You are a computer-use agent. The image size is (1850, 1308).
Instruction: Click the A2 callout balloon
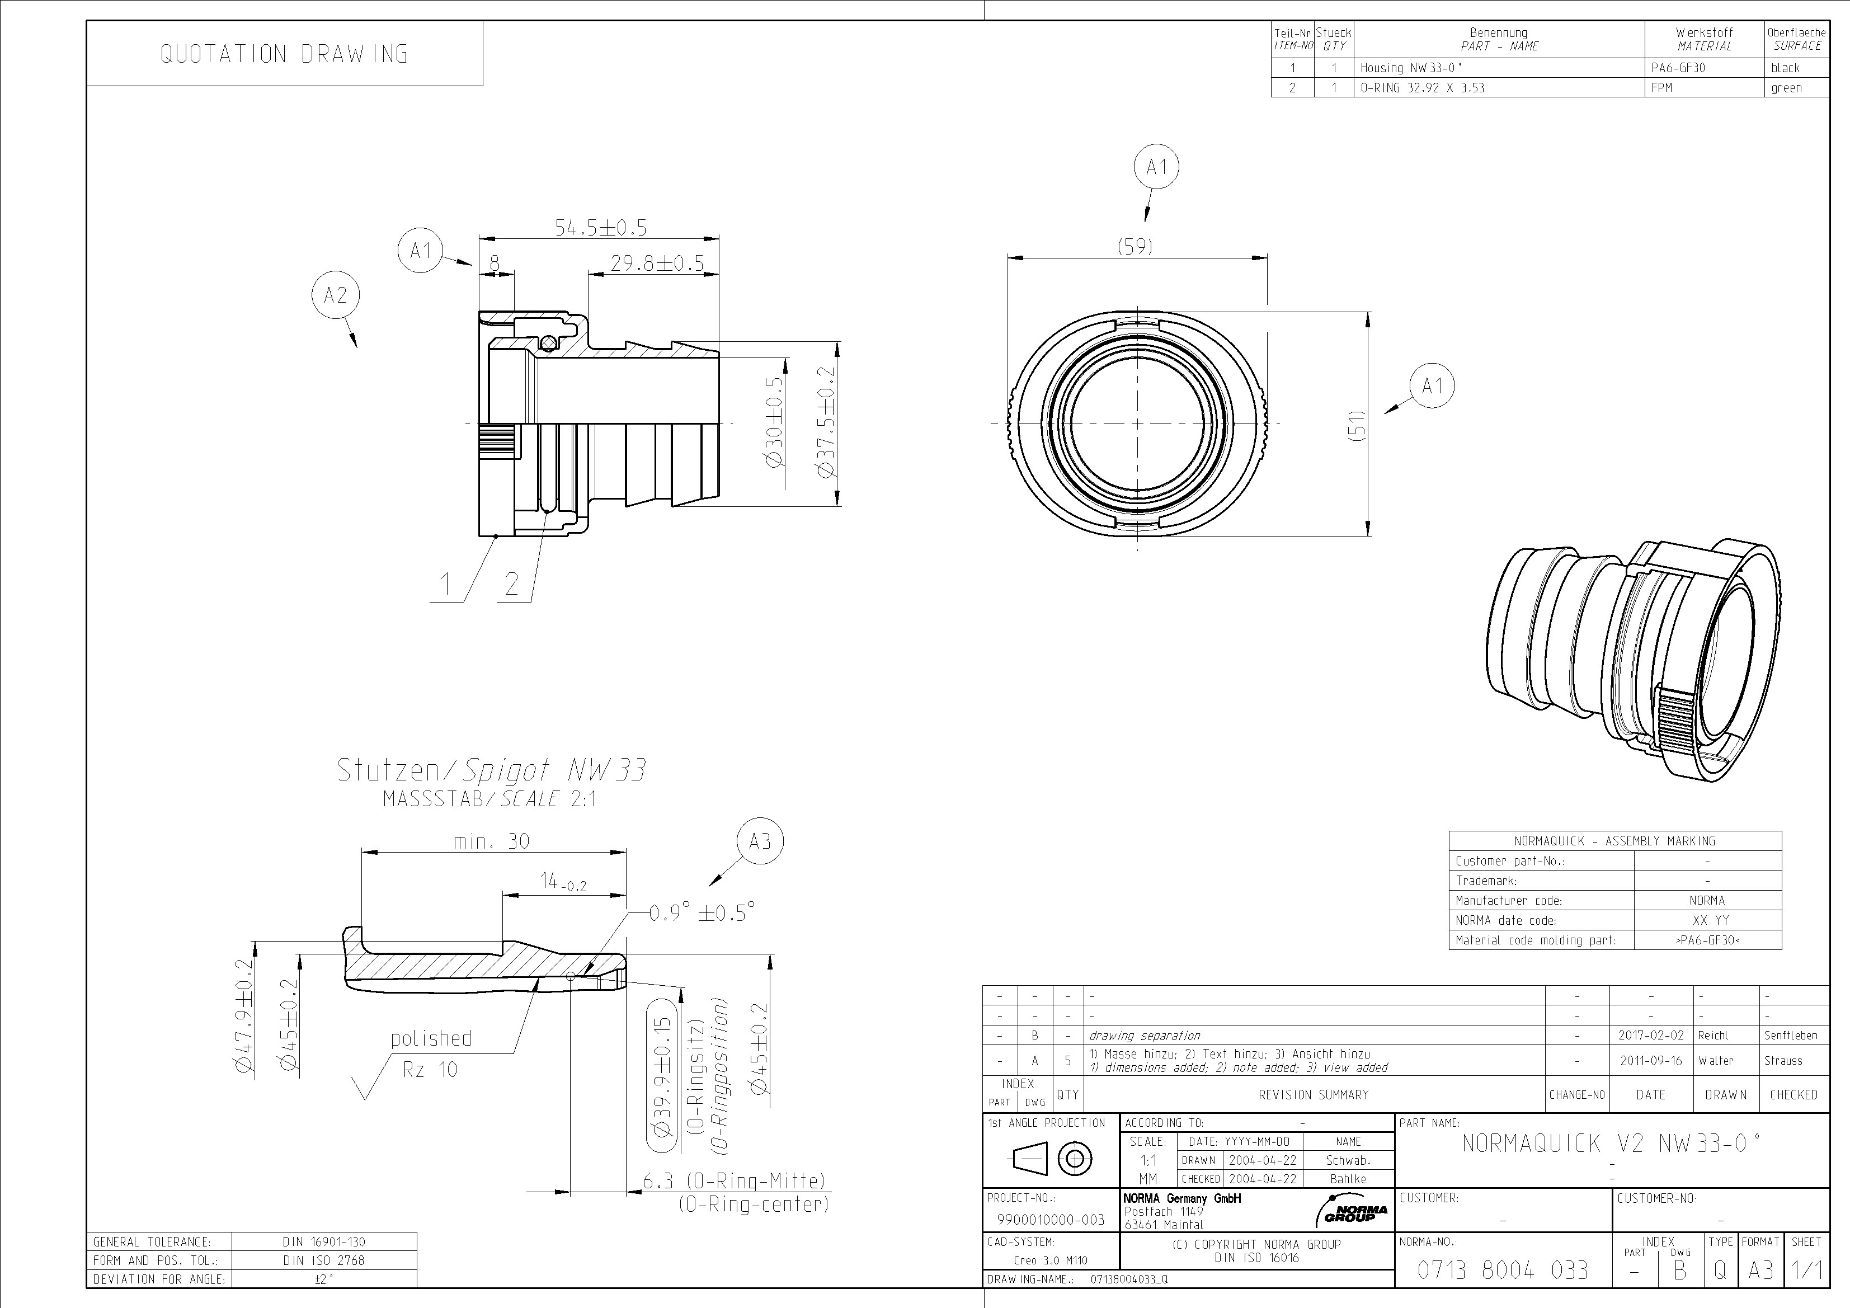335,296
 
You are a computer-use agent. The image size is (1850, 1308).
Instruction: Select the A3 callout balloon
760,841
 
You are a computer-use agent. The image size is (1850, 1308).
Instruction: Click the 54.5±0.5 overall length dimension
600,228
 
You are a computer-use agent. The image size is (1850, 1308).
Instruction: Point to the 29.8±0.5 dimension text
657,264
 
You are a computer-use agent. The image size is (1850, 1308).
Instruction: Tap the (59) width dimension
1135,247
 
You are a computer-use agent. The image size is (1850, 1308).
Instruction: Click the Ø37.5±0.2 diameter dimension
826,422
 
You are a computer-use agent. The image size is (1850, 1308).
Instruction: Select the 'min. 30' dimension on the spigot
492,841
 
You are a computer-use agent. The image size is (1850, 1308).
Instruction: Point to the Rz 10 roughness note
430,1070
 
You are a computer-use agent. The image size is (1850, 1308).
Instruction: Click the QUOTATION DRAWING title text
284,54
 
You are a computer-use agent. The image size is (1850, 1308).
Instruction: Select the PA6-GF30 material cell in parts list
1678,68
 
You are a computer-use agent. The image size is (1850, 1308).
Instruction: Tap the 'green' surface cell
1786,88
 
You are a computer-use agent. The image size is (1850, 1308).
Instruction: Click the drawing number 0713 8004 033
1503,1271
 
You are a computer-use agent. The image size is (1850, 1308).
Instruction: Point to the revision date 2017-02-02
1650,1036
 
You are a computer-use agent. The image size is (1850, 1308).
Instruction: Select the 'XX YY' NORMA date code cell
1707,920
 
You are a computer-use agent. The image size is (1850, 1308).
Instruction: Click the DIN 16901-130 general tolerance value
324,1242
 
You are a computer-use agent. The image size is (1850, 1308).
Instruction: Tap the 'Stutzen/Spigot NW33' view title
491,770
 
